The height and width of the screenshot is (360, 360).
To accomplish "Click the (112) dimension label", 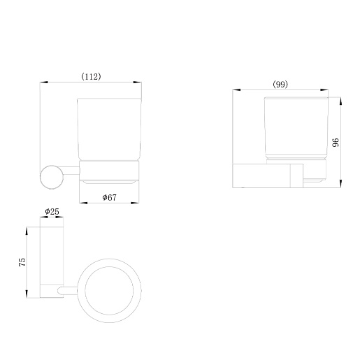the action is coord(91,76).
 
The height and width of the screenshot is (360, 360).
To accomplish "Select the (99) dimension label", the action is coord(280,84).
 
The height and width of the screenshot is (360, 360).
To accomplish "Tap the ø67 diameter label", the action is coord(109,197).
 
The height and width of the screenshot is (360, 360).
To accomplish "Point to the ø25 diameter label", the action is coord(52,212).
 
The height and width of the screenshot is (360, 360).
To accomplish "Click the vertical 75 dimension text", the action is coord(22,262).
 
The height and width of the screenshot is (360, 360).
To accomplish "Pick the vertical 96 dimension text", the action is coord(336,143).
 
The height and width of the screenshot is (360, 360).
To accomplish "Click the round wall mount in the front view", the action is coord(52,177).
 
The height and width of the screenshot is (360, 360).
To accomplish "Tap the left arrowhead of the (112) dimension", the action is coord(43,82).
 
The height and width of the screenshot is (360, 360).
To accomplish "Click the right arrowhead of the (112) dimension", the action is coord(137,82).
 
